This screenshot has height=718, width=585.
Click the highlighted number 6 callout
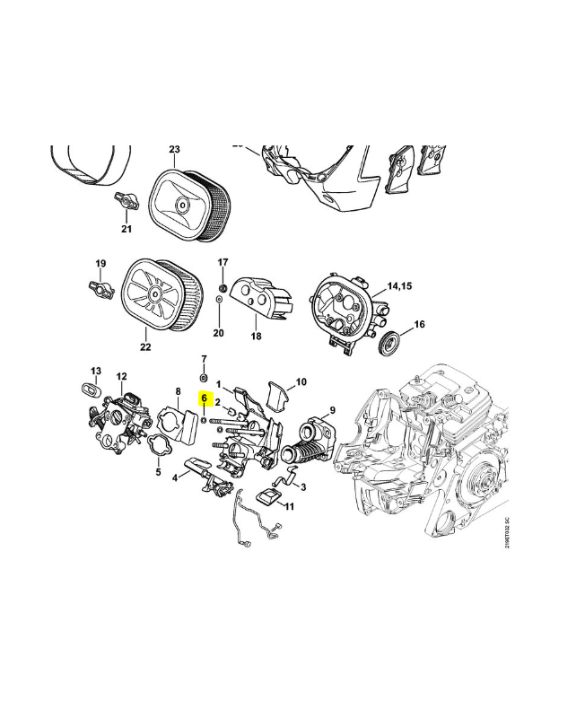(x=205, y=398)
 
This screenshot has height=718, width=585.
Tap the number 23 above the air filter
(x=174, y=149)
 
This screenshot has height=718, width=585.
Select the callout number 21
(x=127, y=229)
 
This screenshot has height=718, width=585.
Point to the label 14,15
(x=399, y=285)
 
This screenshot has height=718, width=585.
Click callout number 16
(x=419, y=324)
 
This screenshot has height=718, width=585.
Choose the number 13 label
(x=96, y=371)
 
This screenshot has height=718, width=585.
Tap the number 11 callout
(x=289, y=506)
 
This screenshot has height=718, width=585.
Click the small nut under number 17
(x=223, y=288)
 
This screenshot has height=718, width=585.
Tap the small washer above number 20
(x=219, y=300)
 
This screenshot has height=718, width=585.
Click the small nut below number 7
(x=204, y=378)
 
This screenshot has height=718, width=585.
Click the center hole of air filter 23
(x=183, y=206)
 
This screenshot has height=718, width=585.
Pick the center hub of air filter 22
(x=154, y=294)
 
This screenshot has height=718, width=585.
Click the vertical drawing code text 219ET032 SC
(x=507, y=532)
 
